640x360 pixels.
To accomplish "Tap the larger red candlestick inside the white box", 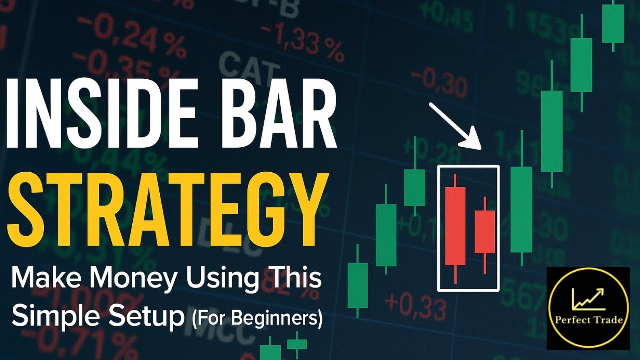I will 455,226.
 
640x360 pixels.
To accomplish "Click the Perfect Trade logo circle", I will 588,308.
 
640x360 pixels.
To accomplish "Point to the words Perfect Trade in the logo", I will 588,320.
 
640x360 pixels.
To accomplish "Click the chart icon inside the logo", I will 588,298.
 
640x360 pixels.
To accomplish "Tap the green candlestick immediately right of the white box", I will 521,209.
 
